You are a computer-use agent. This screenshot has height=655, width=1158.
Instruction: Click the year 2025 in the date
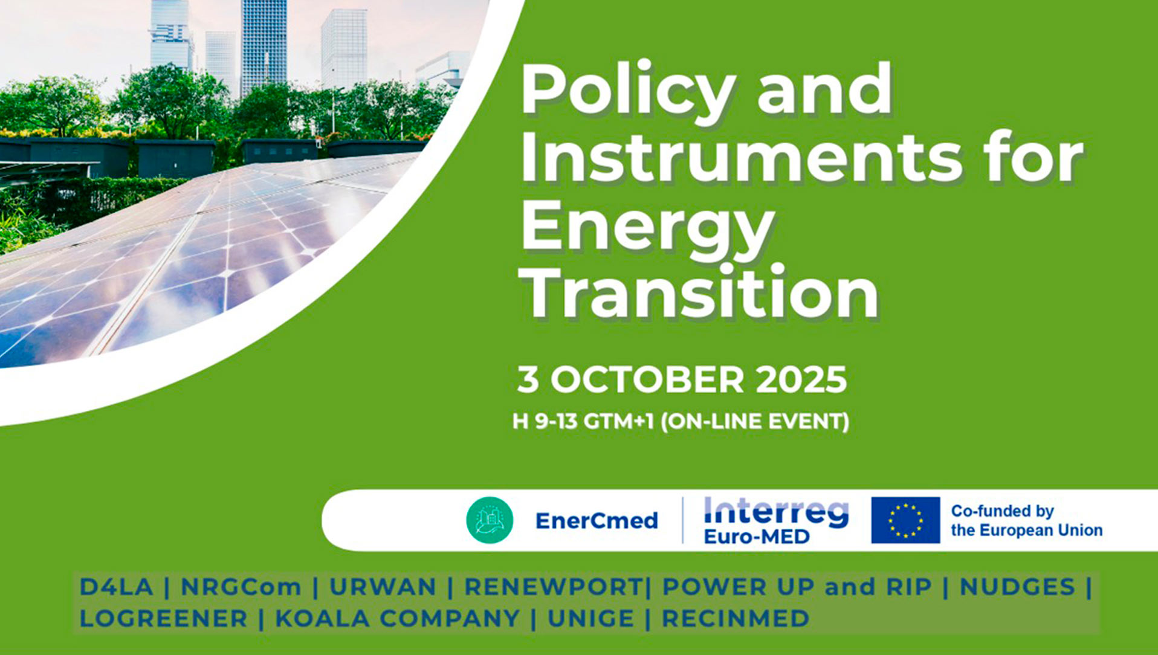[801, 379]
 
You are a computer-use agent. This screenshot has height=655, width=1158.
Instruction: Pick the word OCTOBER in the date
[647, 379]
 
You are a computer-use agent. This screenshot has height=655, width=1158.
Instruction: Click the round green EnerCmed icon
[490, 520]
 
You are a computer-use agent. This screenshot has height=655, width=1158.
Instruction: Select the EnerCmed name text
[597, 520]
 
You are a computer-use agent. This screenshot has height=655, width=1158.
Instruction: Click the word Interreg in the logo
[777, 512]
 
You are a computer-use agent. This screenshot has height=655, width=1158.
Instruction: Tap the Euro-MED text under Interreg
[756, 537]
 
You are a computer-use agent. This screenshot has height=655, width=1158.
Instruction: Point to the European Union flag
[905, 520]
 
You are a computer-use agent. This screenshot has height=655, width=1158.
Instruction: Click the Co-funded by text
[1003, 511]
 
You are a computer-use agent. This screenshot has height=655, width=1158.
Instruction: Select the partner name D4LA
[116, 587]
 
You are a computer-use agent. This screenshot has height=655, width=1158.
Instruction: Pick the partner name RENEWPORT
[553, 587]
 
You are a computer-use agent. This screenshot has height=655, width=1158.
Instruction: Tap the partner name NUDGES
[1017, 587]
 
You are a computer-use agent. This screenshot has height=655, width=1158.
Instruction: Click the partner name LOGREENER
[163, 618]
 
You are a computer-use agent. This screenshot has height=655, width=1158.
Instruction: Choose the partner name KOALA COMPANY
[397, 618]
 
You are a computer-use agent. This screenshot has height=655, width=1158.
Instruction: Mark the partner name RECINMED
[736, 618]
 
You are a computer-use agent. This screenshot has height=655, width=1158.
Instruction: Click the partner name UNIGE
[590, 618]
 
